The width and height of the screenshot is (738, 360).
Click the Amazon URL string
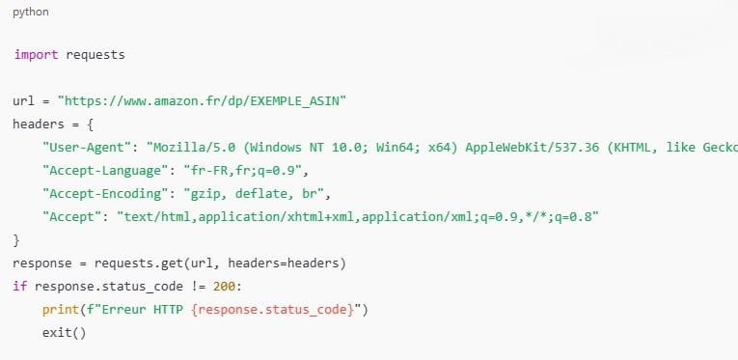(203, 100)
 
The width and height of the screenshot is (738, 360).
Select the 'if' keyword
(20, 286)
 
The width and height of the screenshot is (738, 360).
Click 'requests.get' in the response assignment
(130, 263)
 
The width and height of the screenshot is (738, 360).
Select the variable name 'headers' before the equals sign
(39, 124)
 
